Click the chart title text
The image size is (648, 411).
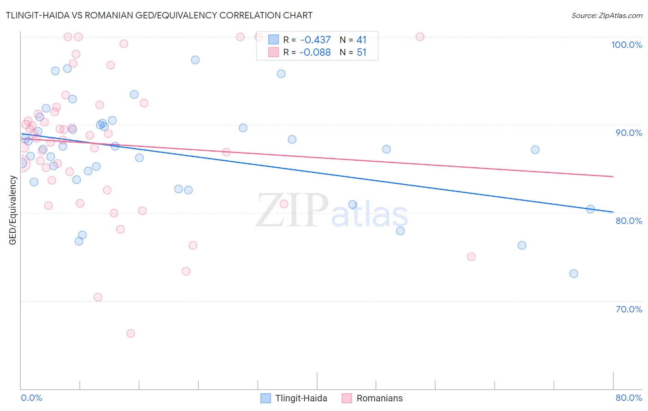pyautogui.click(x=159, y=15)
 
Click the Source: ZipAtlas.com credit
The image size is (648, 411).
pyautogui.click(x=607, y=15)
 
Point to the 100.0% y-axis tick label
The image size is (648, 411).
pyautogui.click(x=626, y=45)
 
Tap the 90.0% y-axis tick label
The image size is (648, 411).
pyautogui.click(x=629, y=133)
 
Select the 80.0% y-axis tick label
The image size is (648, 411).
pyautogui.click(x=629, y=221)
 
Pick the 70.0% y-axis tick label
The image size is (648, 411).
pyautogui.click(x=629, y=309)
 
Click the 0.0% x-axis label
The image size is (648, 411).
pyautogui.click(x=31, y=398)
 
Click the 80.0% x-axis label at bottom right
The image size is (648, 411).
pyautogui.click(x=629, y=398)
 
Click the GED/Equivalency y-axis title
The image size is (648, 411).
pyautogui.click(x=13, y=210)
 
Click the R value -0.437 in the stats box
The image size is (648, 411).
pyautogui.click(x=315, y=40)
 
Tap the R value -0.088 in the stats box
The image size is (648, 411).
pyautogui.click(x=315, y=53)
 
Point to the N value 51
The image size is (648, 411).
pyautogui.click(x=361, y=53)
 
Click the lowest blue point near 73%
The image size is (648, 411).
pyautogui.click(x=574, y=274)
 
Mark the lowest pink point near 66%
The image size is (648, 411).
pyautogui.click(x=131, y=334)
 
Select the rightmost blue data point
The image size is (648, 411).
pyautogui.click(x=590, y=209)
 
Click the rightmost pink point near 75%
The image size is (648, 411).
pyautogui.click(x=471, y=257)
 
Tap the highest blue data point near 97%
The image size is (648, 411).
pyautogui.click(x=195, y=60)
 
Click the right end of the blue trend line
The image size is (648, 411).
pyautogui.click(x=613, y=212)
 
